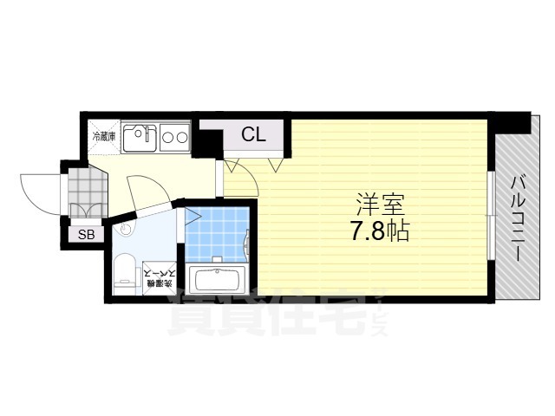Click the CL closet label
click(x=252, y=134)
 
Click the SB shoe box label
click(x=87, y=235)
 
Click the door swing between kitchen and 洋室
click(x=238, y=178)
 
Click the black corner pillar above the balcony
click(x=512, y=122)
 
